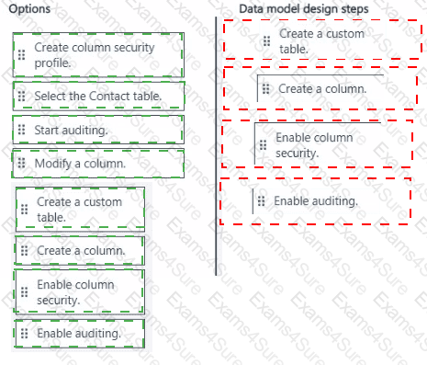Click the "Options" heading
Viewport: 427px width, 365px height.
(x=29, y=9)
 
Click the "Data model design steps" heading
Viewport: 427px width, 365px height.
(x=304, y=9)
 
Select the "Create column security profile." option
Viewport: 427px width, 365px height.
(x=98, y=55)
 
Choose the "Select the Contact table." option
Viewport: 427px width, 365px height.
(x=98, y=97)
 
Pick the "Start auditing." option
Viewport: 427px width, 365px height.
(x=98, y=130)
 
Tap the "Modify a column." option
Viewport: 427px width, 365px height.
(x=98, y=164)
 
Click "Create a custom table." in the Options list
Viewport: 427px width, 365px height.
(x=80, y=210)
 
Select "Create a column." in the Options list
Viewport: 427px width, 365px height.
(x=80, y=251)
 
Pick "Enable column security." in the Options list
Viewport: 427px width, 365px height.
(x=80, y=292)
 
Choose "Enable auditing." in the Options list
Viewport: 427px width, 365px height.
(x=80, y=334)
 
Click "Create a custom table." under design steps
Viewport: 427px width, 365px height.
(x=323, y=41)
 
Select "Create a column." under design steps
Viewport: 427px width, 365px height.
(x=320, y=89)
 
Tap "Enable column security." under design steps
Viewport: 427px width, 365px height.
(x=318, y=145)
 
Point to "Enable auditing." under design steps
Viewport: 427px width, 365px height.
(x=315, y=201)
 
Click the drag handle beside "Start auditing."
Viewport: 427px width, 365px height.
(x=21, y=130)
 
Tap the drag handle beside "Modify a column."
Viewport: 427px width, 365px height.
(x=21, y=163)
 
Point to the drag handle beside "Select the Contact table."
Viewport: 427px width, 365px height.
(x=21, y=96)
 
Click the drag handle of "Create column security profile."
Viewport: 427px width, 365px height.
(x=21, y=54)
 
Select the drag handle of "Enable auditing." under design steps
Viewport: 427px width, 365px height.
(x=261, y=201)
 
